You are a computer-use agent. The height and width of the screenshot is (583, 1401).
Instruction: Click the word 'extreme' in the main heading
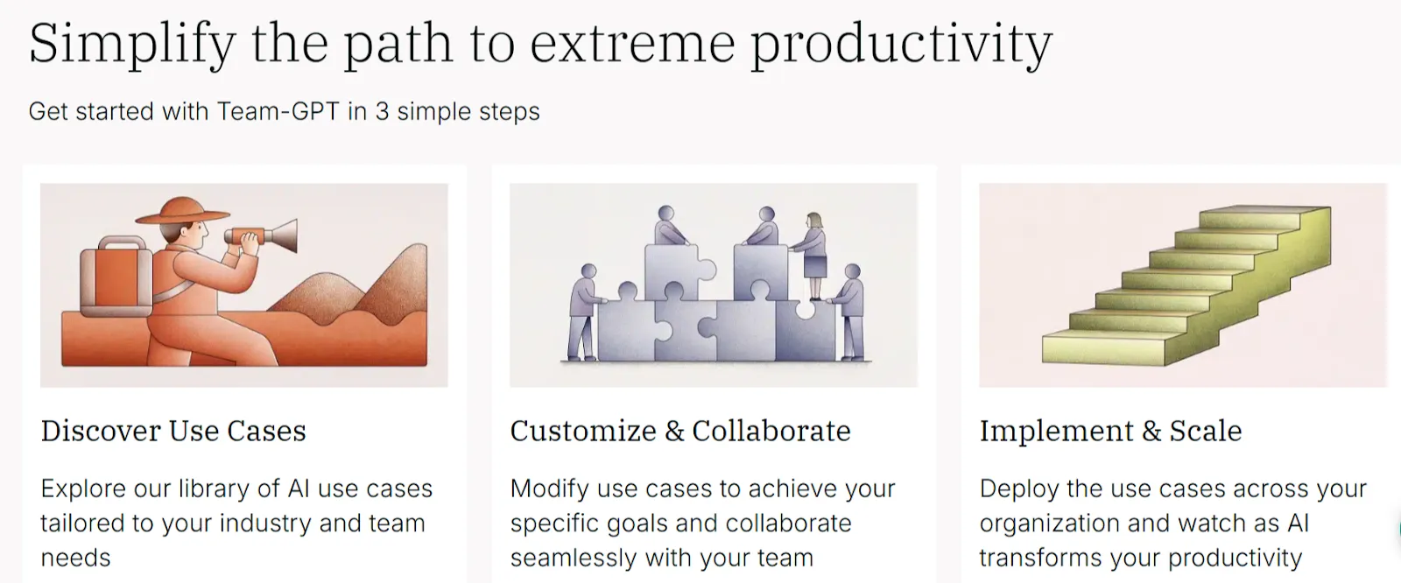631,44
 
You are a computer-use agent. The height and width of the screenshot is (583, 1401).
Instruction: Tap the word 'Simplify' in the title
131,44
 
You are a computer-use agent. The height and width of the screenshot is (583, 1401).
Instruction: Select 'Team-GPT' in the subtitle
278,112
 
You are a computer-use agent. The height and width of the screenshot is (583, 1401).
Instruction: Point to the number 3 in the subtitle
382,112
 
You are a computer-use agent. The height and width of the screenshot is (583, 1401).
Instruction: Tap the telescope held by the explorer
263,235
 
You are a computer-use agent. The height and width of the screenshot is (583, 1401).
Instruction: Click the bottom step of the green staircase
1103,348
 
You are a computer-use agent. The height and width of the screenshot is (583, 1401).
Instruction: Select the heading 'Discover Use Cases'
173,431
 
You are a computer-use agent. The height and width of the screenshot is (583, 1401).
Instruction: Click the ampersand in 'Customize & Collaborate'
674,432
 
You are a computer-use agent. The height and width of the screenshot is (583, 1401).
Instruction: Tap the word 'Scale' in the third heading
1205,431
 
